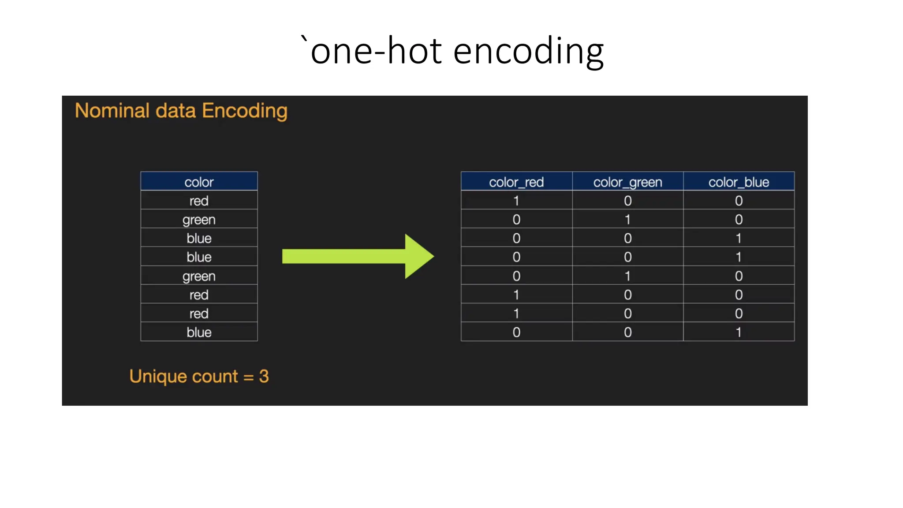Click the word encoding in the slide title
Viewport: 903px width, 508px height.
(528, 52)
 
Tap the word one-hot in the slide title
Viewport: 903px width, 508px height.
(376, 51)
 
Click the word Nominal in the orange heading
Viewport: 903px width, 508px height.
(112, 111)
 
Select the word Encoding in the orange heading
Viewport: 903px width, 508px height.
(245, 111)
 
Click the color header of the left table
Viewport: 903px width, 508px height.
(199, 182)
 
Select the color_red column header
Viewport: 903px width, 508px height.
(516, 182)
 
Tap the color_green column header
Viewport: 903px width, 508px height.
(627, 182)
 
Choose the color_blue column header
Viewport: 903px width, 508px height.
(739, 182)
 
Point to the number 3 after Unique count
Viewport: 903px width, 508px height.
(264, 376)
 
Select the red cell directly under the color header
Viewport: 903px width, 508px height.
(199, 201)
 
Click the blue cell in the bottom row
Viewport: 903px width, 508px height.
(199, 332)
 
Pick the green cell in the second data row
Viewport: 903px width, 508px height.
(199, 220)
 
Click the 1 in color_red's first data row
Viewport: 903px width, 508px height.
(516, 201)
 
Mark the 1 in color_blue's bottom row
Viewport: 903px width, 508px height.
(739, 332)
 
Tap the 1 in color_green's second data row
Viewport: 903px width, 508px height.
(627, 220)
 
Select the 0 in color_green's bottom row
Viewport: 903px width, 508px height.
(627, 332)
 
